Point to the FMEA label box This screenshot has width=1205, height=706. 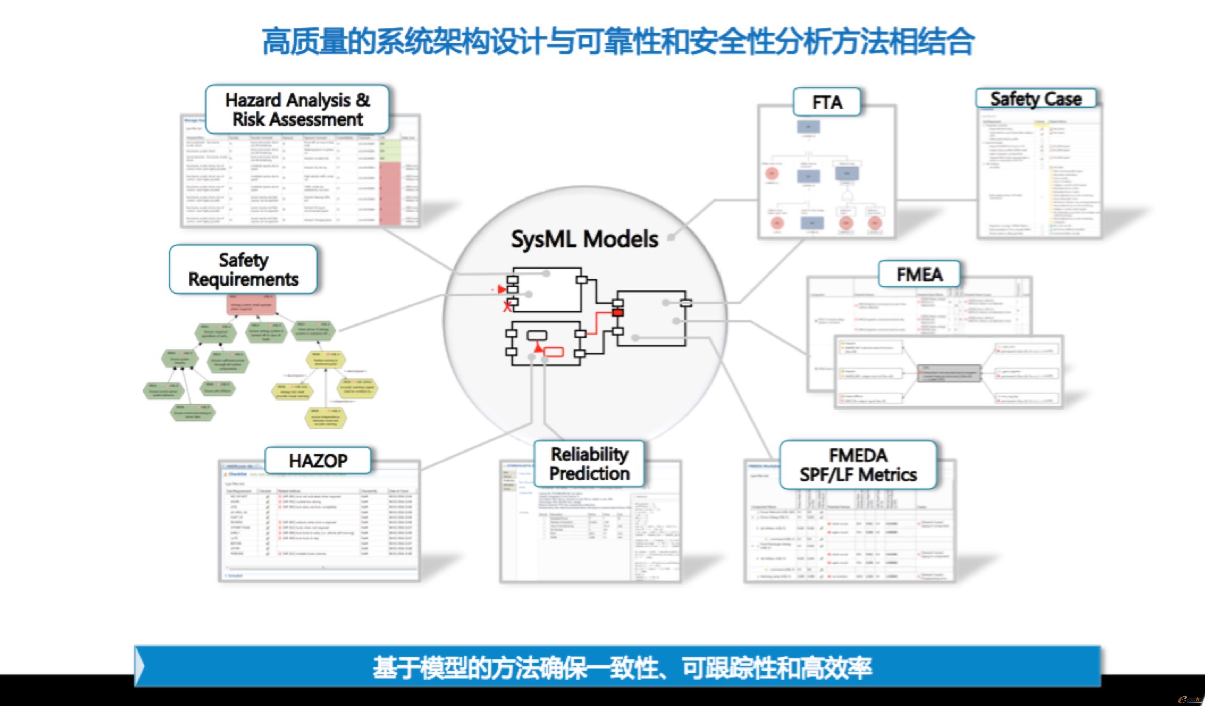coord(919,274)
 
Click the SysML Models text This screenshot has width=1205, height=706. coord(584,239)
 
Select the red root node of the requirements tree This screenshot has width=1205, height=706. coord(251,304)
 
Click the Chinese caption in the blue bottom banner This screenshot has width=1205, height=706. coord(622,667)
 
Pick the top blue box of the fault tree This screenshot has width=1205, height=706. coord(808,127)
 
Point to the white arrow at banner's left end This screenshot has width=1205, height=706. coord(139,666)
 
